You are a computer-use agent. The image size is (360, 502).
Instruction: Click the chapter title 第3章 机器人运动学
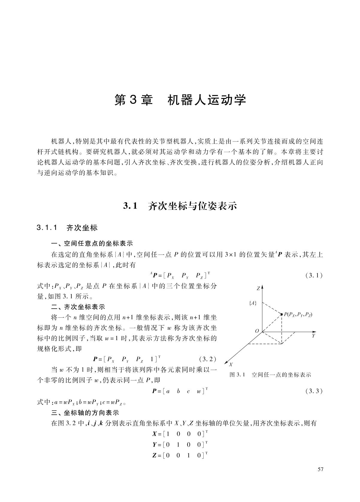(x=180, y=100)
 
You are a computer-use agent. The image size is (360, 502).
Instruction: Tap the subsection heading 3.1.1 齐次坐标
(x=67, y=228)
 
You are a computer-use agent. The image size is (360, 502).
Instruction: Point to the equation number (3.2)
(x=207, y=359)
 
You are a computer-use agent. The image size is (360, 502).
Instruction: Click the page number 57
(x=320, y=469)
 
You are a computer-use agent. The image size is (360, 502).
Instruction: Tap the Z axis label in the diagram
(x=258, y=289)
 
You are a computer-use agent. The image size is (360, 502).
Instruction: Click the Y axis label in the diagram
(x=314, y=336)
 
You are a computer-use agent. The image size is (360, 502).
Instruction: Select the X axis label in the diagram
(x=231, y=364)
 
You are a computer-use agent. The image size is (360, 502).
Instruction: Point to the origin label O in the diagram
(x=257, y=331)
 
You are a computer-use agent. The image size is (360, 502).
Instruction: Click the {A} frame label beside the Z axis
(x=253, y=303)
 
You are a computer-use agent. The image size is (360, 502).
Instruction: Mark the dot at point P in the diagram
(x=282, y=314)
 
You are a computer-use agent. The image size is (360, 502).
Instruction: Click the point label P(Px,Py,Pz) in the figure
(x=298, y=314)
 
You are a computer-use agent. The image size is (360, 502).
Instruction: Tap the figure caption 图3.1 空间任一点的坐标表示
(x=270, y=375)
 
